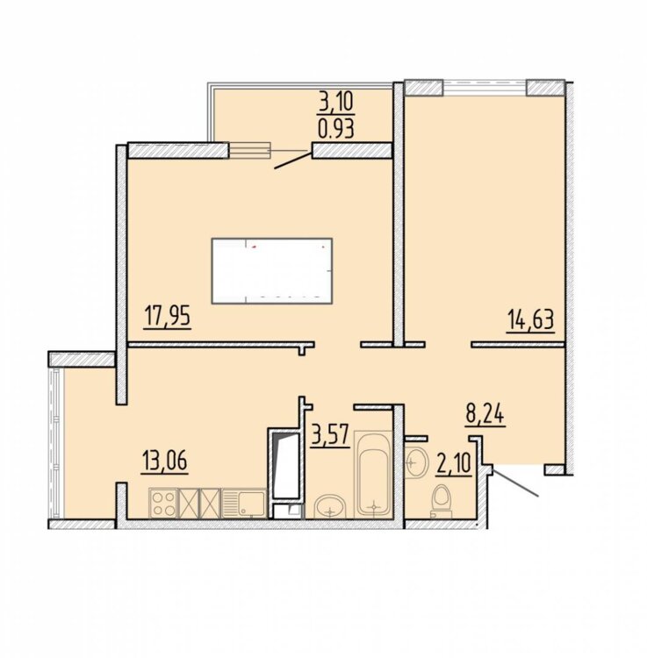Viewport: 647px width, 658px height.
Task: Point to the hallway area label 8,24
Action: click(x=485, y=415)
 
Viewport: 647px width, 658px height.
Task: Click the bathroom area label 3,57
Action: click(x=330, y=435)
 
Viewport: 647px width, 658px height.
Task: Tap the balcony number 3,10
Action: click(x=337, y=102)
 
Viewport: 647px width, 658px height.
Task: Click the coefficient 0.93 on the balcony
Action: click(x=336, y=128)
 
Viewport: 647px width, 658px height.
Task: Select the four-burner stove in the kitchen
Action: click(x=164, y=504)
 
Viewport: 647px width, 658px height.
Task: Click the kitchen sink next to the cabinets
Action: click(x=243, y=504)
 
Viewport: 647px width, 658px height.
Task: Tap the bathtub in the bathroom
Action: click(x=373, y=475)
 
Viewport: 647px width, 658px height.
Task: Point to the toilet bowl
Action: click(x=441, y=502)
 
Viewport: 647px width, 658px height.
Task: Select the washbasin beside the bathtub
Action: click(x=330, y=506)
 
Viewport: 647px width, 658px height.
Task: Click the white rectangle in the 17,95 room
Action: click(x=272, y=271)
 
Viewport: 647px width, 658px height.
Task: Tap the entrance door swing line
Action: click(x=515, y=483)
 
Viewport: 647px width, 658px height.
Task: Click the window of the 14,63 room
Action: click(x=485, y=88)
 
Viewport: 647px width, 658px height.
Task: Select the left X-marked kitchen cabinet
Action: click(x=189, y=504)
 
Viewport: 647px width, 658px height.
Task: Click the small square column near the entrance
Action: click(x=554, y=470)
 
